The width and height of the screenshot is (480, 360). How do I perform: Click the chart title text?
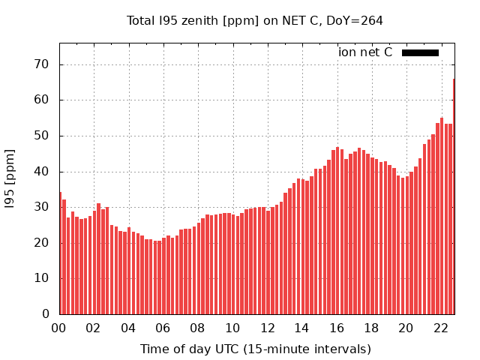255,20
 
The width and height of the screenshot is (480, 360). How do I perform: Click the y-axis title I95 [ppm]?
10,178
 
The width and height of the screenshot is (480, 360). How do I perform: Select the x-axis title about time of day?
255,349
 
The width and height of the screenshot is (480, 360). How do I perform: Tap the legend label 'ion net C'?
365,52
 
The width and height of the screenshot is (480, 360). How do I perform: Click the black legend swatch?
420,52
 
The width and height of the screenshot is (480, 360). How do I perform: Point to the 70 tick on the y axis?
42,64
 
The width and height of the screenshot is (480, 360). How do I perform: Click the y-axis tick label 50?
42,136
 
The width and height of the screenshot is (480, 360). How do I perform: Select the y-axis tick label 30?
42,207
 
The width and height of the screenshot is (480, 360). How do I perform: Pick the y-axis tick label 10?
42,278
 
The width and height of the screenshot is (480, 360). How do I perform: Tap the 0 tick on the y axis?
45,313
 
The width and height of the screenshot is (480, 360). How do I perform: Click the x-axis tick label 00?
58,328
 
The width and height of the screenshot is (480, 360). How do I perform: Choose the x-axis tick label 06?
163,328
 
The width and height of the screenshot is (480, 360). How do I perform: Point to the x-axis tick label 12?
267,328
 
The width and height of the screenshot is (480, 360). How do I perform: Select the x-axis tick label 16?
337,328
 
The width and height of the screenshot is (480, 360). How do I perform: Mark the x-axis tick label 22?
441,328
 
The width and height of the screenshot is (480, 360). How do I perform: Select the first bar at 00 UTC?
60,253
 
